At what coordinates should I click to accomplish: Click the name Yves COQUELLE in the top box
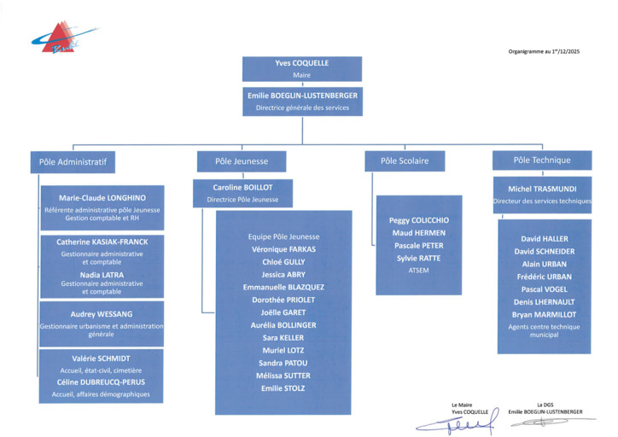coord(301,63)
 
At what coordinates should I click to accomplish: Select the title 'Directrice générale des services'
coord(301,108)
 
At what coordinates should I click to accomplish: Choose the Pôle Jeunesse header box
coord(242,161)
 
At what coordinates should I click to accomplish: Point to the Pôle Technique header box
coord(542,160)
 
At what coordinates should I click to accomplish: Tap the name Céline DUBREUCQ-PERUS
coord(102,382)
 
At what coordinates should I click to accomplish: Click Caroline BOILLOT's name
coord(242,188)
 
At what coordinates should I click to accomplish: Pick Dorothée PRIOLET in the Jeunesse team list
coord(283,300)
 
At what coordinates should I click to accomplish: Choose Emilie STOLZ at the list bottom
coord(283,388)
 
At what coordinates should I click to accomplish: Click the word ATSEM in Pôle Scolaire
coord(418,270)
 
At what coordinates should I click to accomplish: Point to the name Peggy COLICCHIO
coord(418,220)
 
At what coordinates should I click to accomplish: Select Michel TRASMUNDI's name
coord(542,188)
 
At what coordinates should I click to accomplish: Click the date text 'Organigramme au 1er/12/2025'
coord(545,52)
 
